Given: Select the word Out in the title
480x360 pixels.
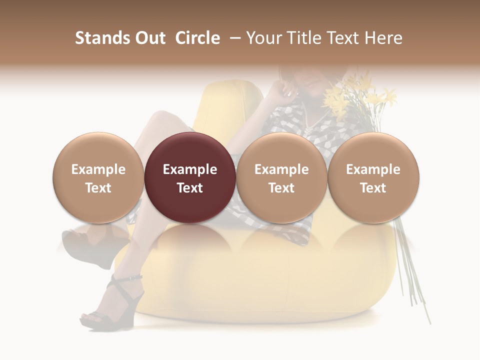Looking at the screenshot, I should (149, 38).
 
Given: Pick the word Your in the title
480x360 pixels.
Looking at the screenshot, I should (263, 38).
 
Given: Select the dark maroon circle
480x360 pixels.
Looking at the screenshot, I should (190, 177).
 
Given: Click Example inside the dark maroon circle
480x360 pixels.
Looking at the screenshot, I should (190, 169).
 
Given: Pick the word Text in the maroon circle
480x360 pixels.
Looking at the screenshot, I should (190, 188).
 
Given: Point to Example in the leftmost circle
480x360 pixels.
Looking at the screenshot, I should (98, 169).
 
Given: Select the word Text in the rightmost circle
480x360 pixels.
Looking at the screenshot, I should (373, 188).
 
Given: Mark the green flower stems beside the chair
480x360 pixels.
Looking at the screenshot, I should (412, 270).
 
